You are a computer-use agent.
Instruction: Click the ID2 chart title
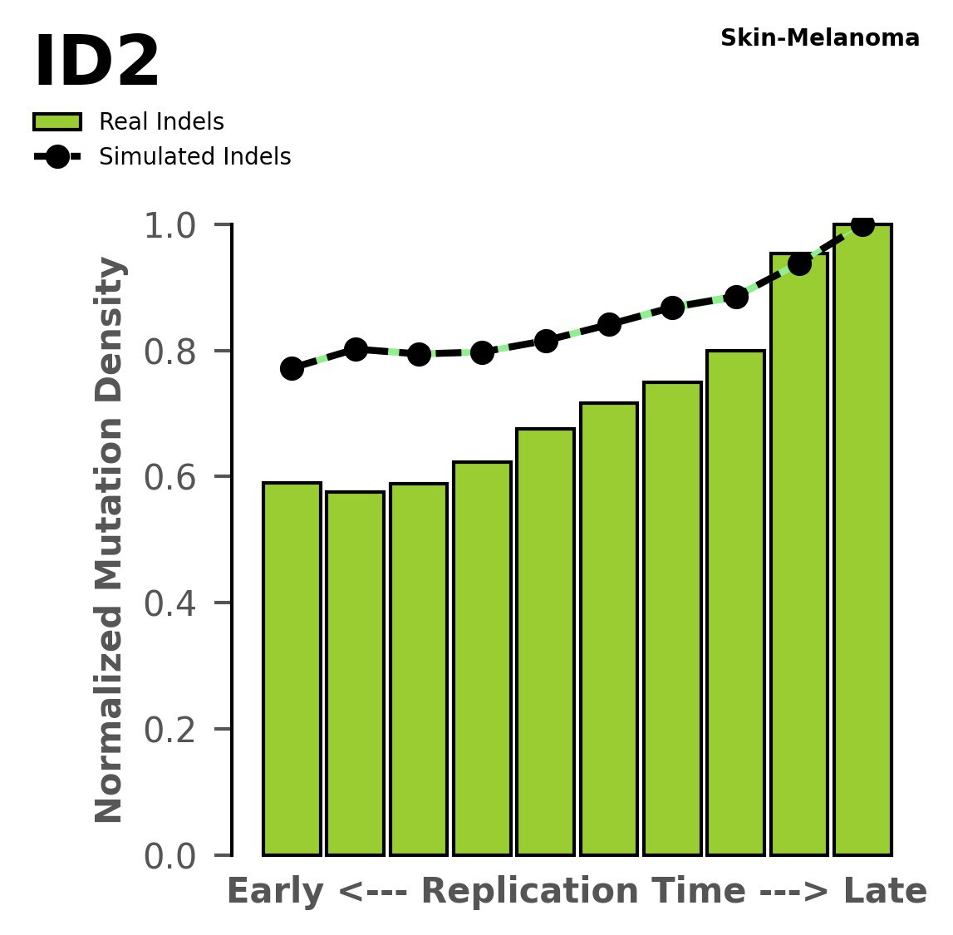(96, 63)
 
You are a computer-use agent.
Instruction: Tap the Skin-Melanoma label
(819, 38)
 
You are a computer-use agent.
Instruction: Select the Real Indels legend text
(161, 122)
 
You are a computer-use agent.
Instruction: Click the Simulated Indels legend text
(194, 157)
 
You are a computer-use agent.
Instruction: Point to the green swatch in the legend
(57, 122)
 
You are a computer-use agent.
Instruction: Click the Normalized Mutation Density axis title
(110, 540)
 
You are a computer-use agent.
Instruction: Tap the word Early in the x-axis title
(275, 892)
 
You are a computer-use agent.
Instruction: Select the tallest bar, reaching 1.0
(862, 540)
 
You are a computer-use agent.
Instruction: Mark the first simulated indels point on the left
(292, 368)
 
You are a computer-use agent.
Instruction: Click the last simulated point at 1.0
(862, 225)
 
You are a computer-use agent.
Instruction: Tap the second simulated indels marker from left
(356, 349)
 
